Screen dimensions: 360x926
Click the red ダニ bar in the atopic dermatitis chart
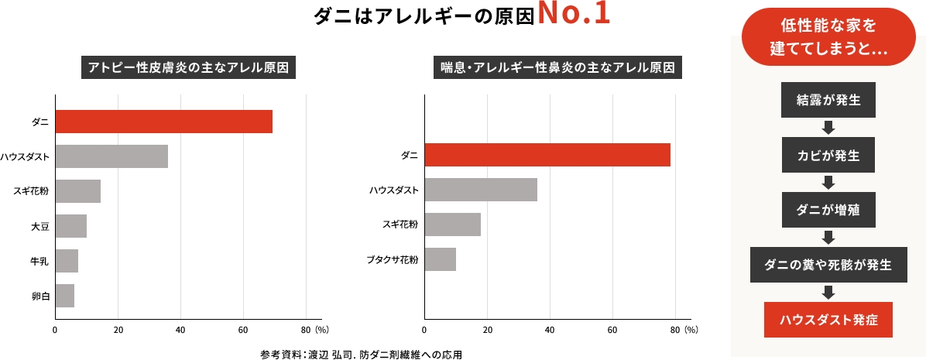163,122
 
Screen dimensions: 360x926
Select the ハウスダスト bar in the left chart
111,156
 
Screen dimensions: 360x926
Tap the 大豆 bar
70,226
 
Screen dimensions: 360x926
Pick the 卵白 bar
65,296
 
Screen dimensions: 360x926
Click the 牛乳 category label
39,261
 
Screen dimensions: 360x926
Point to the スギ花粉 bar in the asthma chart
452,225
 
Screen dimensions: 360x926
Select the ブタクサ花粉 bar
441,259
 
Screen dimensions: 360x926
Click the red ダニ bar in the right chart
547,155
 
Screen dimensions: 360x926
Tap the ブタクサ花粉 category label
393,259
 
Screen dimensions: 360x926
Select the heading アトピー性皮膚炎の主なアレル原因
190,67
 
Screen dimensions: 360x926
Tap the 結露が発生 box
828,100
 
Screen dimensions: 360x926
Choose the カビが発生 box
828,155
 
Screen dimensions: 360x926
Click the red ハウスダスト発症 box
828,320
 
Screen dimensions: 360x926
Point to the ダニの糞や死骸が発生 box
828,265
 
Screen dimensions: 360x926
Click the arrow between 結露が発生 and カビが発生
828,128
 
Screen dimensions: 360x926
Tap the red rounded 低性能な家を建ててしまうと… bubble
828,36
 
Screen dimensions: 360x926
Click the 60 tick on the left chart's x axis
244,329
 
